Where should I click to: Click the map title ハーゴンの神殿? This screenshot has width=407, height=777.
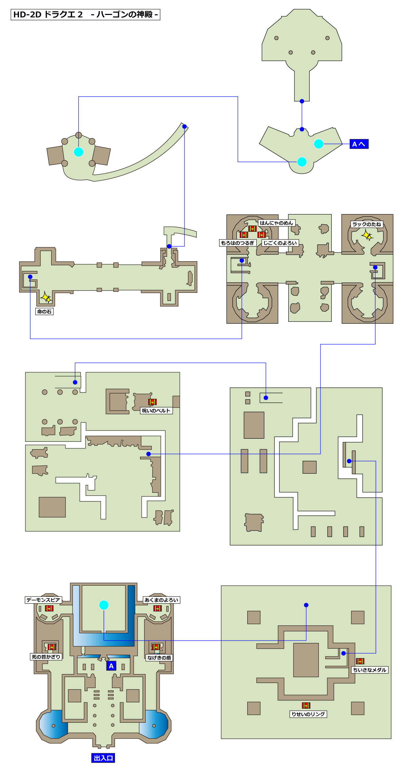(124, 15)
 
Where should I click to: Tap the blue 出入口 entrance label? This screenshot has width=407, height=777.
(103, 758)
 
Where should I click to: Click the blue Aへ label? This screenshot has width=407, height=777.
(359, 144)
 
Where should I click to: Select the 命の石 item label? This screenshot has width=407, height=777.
(44, 311)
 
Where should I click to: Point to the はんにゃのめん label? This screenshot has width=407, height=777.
(276, 223)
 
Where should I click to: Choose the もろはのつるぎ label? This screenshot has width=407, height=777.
(237, 243)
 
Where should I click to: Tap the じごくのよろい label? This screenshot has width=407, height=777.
(280, 243)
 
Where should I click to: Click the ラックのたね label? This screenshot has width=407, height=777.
(367, 224)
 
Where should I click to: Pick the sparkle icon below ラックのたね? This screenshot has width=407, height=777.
(367, 235)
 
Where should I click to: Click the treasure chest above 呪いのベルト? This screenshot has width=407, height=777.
(153, 402)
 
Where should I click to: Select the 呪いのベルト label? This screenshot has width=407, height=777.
(156, 411)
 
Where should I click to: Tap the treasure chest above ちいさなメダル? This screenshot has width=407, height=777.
(360, 661)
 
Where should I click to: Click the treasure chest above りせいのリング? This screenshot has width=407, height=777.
(306, 705)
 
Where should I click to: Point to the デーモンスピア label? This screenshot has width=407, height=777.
(43, 600)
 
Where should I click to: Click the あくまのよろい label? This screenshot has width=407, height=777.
(161, 600)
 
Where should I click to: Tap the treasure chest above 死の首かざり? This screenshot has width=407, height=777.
(52, 647)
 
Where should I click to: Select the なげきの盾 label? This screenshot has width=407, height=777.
(159, 658)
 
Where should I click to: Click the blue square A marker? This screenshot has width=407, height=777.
(111, 666)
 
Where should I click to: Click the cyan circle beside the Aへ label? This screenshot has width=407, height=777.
(318, 144)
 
